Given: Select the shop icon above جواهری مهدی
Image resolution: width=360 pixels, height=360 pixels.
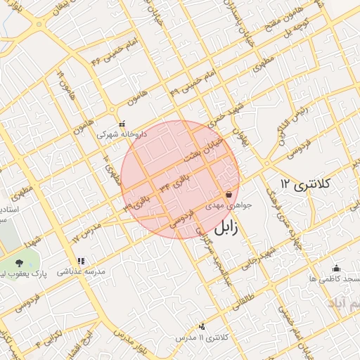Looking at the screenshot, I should pyautogui.click(x=228, y=195).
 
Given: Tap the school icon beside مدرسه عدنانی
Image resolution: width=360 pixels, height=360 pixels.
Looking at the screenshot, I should pyautogui.click(x=82, y=261).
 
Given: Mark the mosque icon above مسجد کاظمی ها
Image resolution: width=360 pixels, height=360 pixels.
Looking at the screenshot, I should pyautogui.click(x=336, y=268).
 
